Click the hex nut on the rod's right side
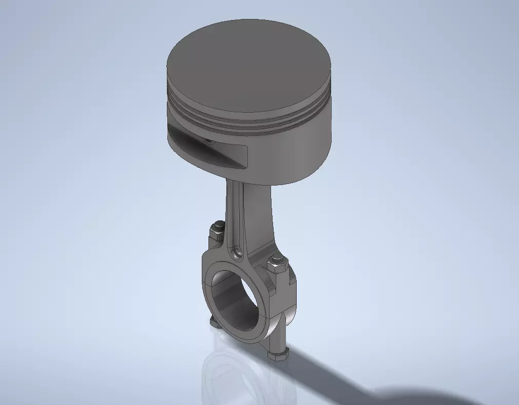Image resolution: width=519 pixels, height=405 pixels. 275,267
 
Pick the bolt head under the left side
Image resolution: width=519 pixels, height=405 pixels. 215,321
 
